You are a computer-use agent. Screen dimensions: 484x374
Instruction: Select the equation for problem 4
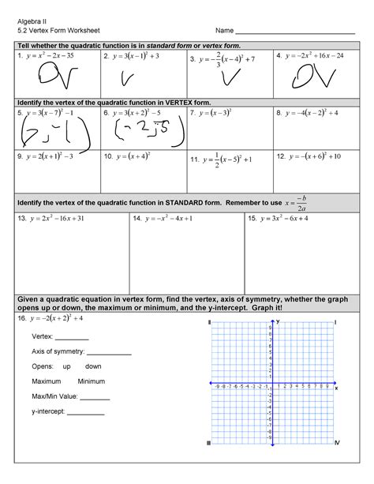click(314, 57)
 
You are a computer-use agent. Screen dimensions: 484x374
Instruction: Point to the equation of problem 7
click(216, 114)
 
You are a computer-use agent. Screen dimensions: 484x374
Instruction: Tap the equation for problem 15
click(289, 217)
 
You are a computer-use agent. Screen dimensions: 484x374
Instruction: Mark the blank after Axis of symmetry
click(109, 353)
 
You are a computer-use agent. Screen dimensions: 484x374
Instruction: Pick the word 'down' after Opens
click(93, 367)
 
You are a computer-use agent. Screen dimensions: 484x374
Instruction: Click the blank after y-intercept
click(87, 412)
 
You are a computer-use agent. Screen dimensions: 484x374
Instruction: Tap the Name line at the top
click(294, 31)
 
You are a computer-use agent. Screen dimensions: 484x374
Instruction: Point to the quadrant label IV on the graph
click(337, 443)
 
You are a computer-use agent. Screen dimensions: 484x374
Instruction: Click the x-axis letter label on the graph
click(337, 388)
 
